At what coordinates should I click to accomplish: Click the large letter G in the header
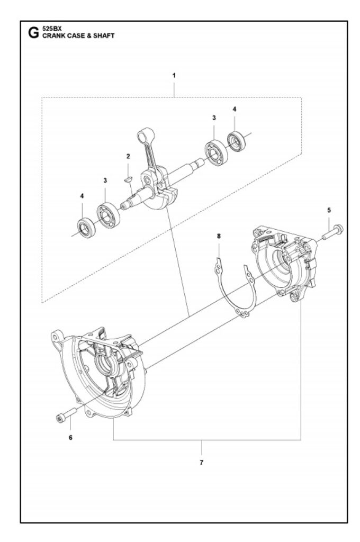[x=33, y=33]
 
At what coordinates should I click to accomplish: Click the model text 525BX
[x=51, y=30]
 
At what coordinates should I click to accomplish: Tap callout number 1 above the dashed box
[x=174, y=75]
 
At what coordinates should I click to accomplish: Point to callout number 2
[x=128, y=156]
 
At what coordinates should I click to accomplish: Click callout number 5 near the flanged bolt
[x=329, y=210]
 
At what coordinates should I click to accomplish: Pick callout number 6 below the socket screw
[x=70, y=438]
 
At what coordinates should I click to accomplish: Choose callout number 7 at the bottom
[x=202, y=462]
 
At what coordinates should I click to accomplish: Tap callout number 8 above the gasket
[x=219, y=236]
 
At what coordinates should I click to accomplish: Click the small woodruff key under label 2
[x=127, y=179]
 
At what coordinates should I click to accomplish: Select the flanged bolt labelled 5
[x=332, y=233]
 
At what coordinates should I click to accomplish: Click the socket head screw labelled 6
[x=66, y=414]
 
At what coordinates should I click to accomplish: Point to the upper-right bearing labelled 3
[x=216, y=152]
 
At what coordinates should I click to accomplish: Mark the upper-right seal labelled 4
[x=237, y=141]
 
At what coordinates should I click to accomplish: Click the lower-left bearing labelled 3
[x=108, y=215]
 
